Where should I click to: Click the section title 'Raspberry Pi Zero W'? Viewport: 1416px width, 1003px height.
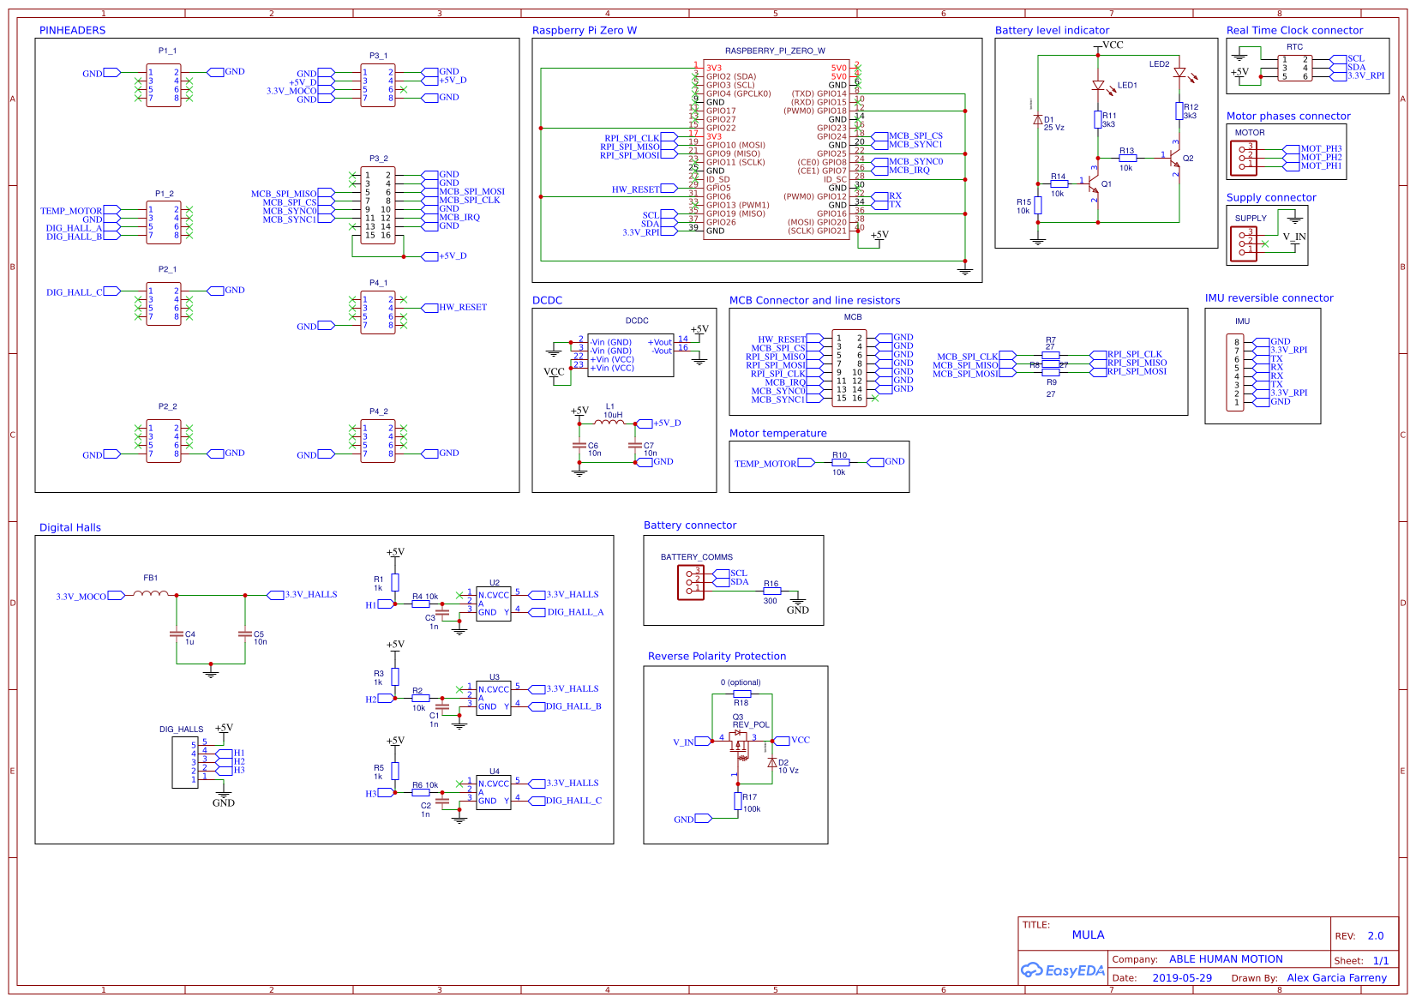[x=584, y=30]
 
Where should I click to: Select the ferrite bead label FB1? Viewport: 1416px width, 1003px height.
[x=151, y=578]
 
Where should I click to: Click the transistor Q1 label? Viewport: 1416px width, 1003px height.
[x=1107, y=183]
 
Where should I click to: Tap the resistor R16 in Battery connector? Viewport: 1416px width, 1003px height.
[x=771, y=592]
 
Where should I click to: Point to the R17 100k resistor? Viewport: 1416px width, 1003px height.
[x=738, y=801]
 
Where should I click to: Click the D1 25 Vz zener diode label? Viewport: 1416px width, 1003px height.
[x=1053, y=123]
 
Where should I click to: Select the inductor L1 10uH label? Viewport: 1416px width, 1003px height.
[x=612, y=411]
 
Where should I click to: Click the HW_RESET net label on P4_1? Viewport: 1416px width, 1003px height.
[x=463, y=307]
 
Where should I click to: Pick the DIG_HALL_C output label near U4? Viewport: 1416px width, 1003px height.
[x=573, y=801]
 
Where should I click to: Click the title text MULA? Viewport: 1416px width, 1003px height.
[x=1088, y=934]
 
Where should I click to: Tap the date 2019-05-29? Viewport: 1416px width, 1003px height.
[x=1182, y=977]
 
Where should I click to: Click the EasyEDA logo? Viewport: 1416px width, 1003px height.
[x=1063, y=970]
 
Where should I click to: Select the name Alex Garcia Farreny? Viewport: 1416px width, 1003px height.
[x=1336, y=977]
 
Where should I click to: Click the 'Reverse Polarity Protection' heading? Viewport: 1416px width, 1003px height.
[x=717, y=656]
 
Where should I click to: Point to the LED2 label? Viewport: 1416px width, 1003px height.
[x=1159, y=64]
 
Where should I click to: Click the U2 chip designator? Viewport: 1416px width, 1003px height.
[x=495, y=583]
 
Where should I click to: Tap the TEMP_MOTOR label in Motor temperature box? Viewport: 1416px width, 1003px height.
[x=765, y=464]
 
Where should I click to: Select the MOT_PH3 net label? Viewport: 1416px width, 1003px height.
[x=1321, y=148]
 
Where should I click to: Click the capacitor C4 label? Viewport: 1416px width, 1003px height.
[x=190, y=634]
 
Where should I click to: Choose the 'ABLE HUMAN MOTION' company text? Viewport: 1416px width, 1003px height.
[x=1226, y=958]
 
